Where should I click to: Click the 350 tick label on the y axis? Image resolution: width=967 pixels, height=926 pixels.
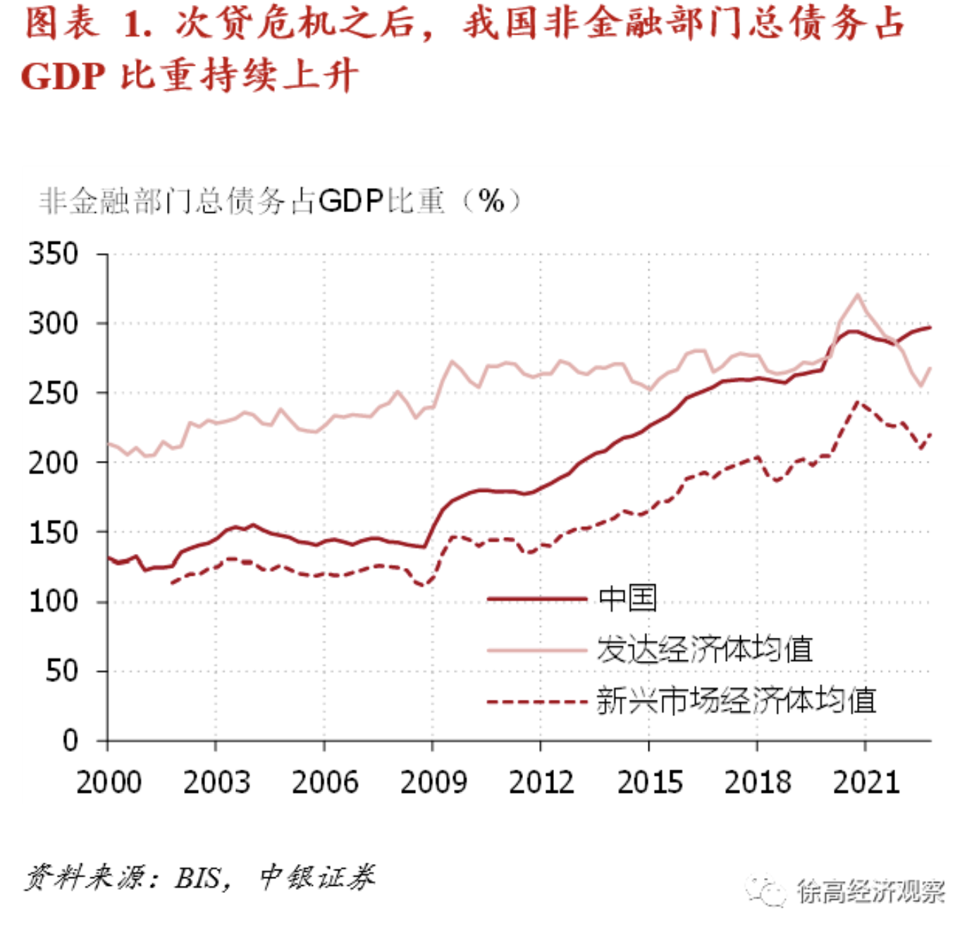(x=54, y=254)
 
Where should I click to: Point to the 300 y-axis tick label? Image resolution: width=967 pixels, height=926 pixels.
(x=54, y=323)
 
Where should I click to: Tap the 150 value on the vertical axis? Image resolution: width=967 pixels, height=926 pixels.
(x=54, y=533)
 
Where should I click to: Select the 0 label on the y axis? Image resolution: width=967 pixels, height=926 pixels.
(x=70, y=741)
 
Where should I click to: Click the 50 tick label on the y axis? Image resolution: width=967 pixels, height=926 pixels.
(x=62, y=671)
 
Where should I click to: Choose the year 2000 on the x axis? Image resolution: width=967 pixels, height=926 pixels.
(x=109, y=782)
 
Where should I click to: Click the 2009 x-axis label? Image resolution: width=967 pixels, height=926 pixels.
(x=433, y=782)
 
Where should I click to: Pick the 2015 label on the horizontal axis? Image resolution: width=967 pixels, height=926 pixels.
(x=649, y=782)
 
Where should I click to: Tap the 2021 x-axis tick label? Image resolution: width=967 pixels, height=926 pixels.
(x=866, y=782)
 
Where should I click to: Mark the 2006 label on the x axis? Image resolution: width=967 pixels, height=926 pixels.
(x=325, y=782)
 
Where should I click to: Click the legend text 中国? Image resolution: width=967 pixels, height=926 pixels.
(x=627, y=598)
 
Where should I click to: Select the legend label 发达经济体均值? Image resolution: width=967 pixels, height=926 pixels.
(x=704, y=649)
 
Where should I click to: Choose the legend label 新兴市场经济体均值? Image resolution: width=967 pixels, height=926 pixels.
(x=736, y=700)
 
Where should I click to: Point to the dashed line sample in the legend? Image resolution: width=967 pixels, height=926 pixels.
(x=536, y=702)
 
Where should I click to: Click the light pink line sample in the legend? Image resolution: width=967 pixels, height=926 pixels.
(x=536, y=650)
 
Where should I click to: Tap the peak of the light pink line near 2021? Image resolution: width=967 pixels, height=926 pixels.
(x=858, y=295)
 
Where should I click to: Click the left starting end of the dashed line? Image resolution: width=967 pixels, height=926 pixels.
(x=172, y=583)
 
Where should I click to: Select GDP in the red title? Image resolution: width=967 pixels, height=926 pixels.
(x=63, y=76)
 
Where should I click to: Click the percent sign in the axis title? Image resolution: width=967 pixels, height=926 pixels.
(x=491, y=202)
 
